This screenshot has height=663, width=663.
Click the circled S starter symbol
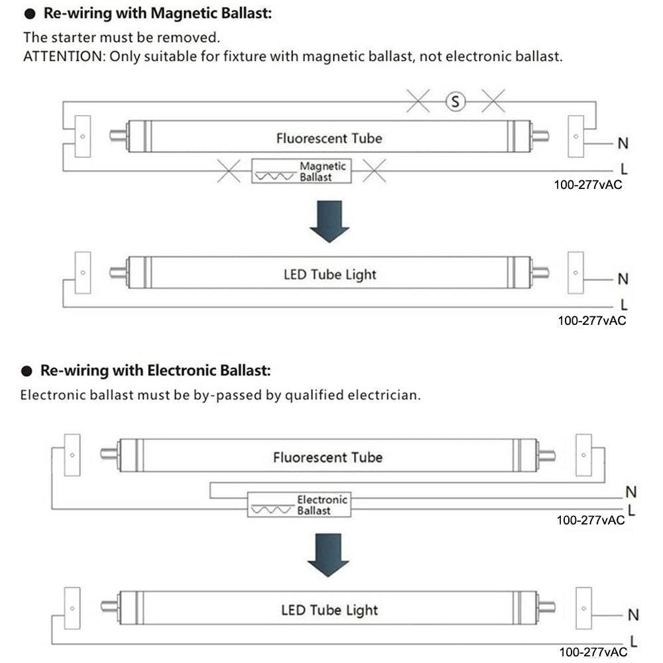tap(455, 101)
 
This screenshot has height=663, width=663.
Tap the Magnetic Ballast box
tap(302, 171)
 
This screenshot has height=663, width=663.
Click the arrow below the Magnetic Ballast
tap(330, 221)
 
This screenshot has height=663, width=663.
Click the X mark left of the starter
tap(418, 101)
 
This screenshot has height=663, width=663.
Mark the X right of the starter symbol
tap(493, 101)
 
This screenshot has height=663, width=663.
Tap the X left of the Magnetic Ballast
tap(229, 171)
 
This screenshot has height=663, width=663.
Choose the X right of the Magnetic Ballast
tap(374, 171)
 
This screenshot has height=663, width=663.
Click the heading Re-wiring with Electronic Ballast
tap(156, 369)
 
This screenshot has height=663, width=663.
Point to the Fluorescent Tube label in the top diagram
tap(329, 138)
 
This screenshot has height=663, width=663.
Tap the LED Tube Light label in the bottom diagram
tap(329, 609)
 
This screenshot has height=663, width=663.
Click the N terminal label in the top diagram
tap(623, 143)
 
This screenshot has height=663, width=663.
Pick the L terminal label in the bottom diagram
tap(633, 641)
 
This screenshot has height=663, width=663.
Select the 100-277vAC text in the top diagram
tap(588, 185)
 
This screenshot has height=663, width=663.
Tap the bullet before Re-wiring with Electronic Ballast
tap(27, 370)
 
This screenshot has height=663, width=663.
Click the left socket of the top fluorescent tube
tap(82, 137)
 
